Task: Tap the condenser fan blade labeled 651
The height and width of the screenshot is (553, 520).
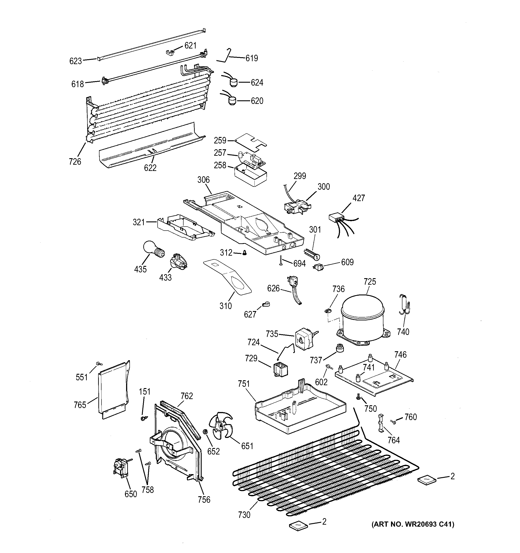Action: [222, 428]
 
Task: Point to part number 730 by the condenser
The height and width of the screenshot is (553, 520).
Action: [244, 515]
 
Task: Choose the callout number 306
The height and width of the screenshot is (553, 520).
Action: [203, 180]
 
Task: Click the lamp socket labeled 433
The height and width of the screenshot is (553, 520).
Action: [178, 262]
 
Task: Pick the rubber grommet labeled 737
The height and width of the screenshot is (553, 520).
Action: [339, 348]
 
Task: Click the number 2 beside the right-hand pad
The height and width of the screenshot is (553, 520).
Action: [452, 477]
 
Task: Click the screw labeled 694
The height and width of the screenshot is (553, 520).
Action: [281, 260]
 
